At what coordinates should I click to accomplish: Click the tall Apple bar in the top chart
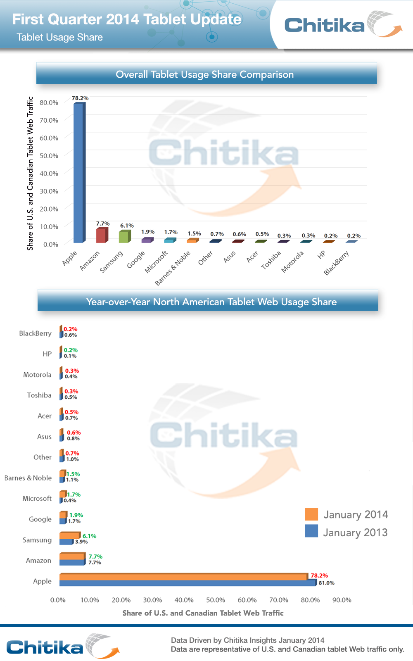(78, 174)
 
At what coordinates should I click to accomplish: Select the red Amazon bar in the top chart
(101, 235)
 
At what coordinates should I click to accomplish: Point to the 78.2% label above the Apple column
(80, 98)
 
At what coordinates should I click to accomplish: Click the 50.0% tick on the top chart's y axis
(49, 156)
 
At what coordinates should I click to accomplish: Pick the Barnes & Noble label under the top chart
(173, 268)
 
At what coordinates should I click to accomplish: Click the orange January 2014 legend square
(311, 514)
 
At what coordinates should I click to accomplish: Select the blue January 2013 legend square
(311, 531)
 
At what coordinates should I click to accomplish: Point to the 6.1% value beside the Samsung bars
(89, 536)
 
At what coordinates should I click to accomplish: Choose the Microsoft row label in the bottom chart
(37, 499)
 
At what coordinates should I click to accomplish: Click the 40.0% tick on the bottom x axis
(184, 600)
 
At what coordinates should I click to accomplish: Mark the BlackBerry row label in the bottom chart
(35, 333)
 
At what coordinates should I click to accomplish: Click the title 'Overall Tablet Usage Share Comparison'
(205, 74)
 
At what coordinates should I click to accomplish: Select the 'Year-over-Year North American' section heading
(211, 302)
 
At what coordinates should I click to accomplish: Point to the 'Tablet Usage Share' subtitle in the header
(60, 37)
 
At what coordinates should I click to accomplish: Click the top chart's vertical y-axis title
(30, 174)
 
